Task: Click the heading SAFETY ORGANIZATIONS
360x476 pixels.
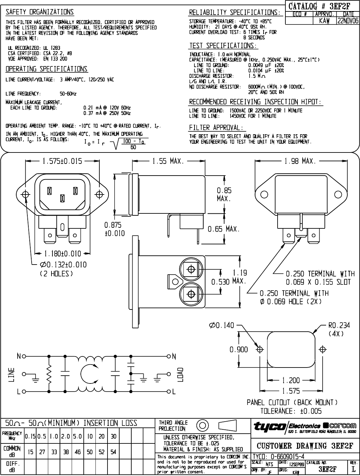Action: click(x=40, y=12)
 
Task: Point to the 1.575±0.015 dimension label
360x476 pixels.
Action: click(x=62, y=161)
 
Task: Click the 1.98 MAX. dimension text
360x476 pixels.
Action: click(x=300, y=161)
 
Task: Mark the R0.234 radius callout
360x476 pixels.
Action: click(x=339, y=325)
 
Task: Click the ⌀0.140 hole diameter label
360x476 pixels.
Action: click(x=222, y=325)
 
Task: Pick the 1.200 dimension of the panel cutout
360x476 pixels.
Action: click(x=291, y=380)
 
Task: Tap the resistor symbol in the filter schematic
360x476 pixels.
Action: click(x=49, y=374)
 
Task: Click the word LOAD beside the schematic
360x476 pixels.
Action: click(x=180, y=375)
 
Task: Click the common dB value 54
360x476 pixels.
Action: click(x=113, y=452)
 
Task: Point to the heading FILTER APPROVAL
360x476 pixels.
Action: click(x=216, y=127)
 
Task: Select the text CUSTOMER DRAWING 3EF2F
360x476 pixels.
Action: click(x=305, y=446)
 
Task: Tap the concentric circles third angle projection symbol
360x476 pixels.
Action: click(x=202, y=425)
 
